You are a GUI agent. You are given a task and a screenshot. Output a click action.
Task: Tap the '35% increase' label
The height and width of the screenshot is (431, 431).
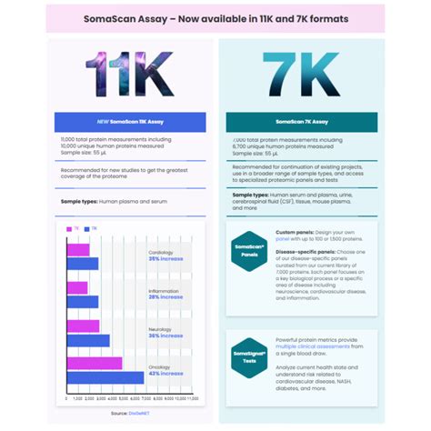[x=165, y=259]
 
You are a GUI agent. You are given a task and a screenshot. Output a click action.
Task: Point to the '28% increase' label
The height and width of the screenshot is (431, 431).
[x=165, y=297]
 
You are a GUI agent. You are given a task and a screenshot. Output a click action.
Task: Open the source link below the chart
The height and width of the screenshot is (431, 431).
[x=125, y=412]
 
